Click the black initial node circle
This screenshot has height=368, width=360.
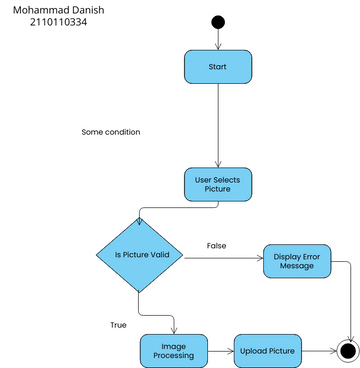click(218, 23)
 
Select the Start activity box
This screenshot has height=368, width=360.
click(217, 67)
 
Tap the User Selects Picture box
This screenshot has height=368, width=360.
click(218, 183)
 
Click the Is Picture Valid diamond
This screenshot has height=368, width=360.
click(139, 254)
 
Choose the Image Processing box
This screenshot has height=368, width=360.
click(174, 351)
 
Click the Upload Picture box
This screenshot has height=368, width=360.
click(267, 351)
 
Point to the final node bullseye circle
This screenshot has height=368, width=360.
click(347, 351)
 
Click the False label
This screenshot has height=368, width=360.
click(216, 245)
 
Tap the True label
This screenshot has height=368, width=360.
click(119, 324)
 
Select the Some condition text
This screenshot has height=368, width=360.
click(110, 131)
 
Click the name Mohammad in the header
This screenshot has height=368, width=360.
click(38, 9)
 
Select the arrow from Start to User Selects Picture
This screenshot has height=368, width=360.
click(218, 125)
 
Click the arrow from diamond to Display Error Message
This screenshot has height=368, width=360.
click(223, 260)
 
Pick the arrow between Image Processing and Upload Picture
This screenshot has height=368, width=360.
click(221, 351)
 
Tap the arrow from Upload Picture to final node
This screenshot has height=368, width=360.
click(318, 351)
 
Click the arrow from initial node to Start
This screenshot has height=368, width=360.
click(218, 40)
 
